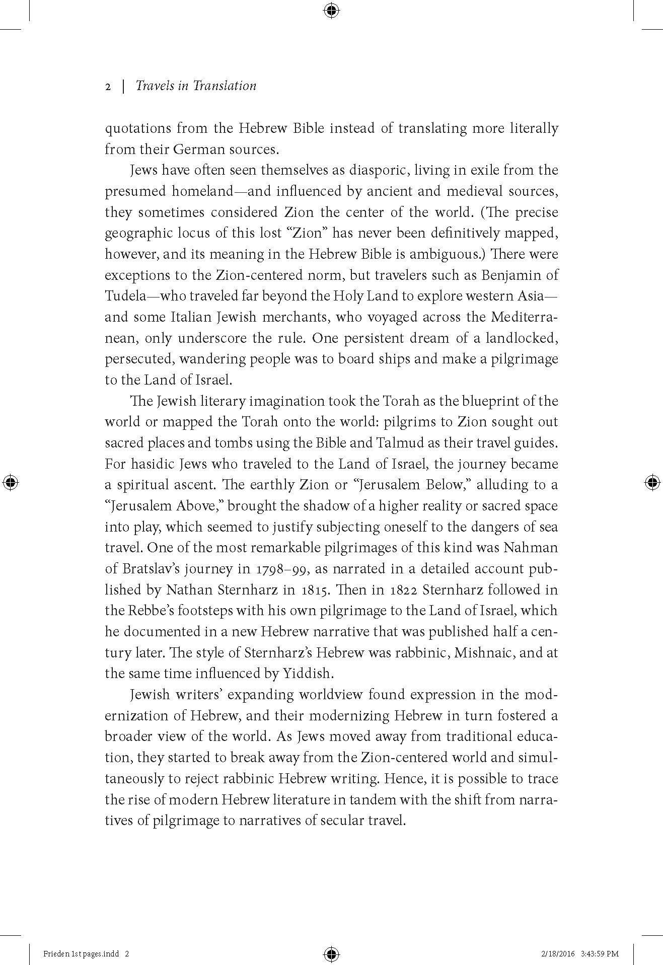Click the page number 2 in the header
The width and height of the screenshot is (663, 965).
(x=108, y=87)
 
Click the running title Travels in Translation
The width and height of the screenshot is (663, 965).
(x=196, y=86)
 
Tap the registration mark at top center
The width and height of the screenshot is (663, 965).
(x=331, y=10)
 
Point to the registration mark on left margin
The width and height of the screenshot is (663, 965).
(x=11, y=482)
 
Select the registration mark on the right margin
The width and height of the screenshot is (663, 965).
(x=652, y=482)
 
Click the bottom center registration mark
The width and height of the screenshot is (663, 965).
(x=331, y=953)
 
